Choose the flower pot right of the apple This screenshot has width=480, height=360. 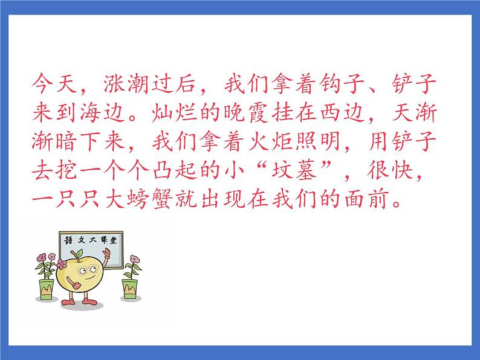coord(129,289)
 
